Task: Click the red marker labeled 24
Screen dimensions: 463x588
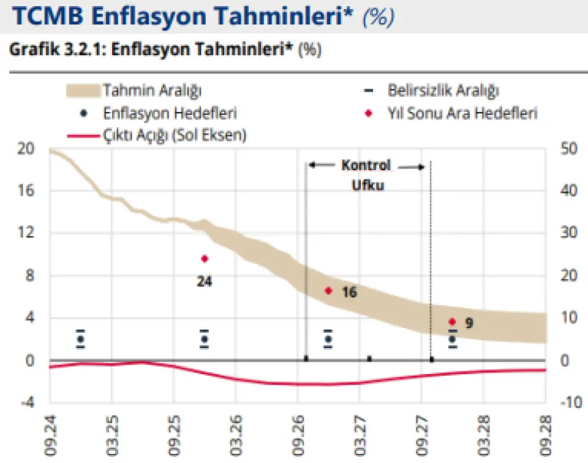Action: point(205,258)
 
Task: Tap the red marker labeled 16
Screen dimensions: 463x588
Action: point(328,291)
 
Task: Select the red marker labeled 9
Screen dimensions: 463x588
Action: point(452,322)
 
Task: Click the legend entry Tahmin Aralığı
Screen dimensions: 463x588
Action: point(153,91)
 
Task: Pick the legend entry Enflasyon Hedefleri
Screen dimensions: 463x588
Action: point(170,113)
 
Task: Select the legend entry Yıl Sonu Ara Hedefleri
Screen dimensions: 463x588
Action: point(462,113)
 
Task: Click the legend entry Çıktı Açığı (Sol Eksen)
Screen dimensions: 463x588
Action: point(175,135)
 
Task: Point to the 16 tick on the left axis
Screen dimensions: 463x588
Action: point(26,191)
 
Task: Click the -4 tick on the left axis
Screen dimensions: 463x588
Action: point(26,402)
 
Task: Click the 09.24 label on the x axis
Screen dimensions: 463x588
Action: point(50,435)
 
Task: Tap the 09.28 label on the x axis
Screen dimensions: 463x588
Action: point(546,435)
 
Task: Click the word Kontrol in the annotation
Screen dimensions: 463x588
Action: point(366,165)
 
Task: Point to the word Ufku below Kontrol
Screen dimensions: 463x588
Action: point(367,185)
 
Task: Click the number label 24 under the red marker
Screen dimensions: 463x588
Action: point(205,282)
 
